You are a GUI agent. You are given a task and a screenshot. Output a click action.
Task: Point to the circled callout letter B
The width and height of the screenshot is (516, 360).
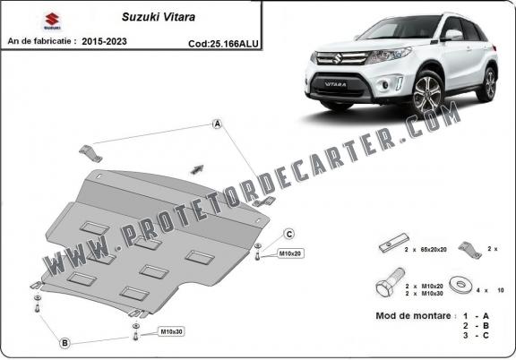(65, 341)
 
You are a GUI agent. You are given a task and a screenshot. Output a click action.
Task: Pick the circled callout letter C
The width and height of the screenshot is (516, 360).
(290, 234)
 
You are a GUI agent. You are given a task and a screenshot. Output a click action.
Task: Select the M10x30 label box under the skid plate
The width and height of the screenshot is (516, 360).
(171, 332)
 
